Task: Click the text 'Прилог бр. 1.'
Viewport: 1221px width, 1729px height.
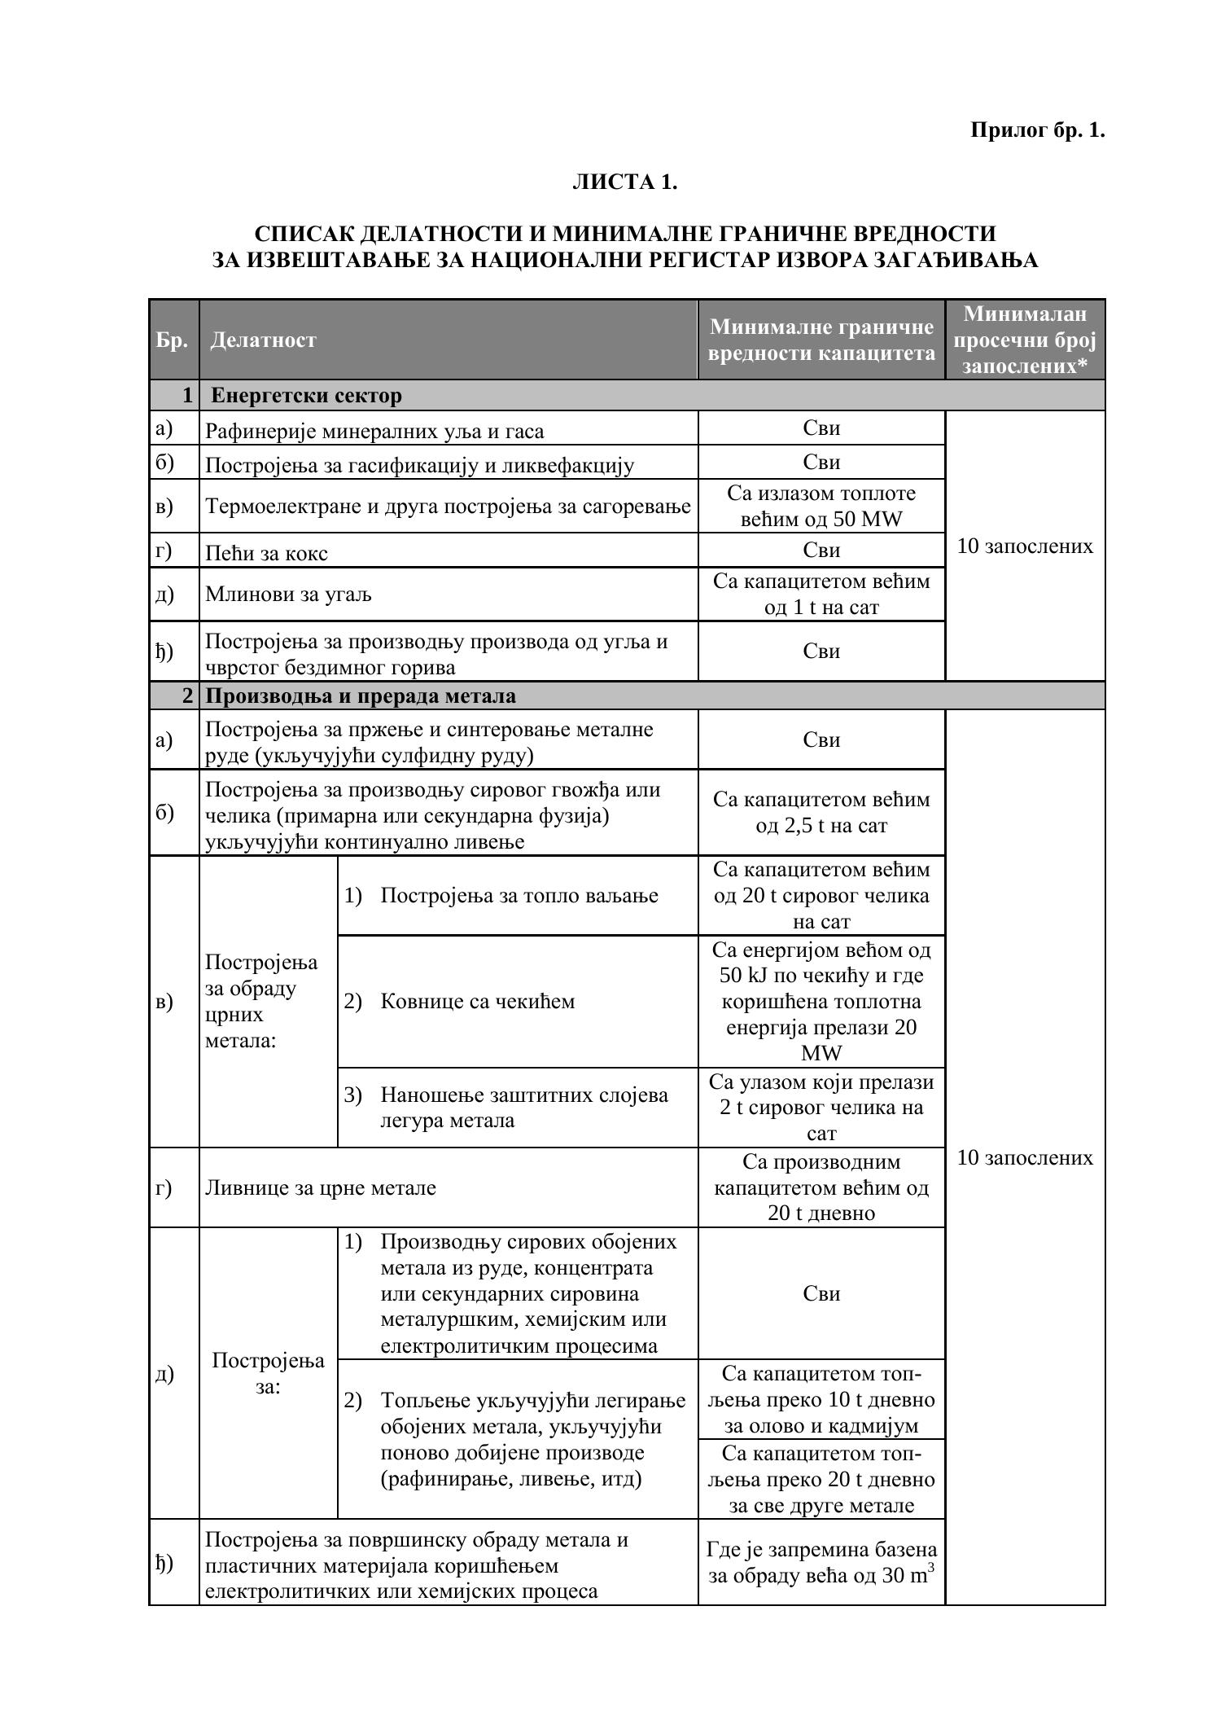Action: [1037, 130]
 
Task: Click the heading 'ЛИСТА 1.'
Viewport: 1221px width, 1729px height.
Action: [624, 182]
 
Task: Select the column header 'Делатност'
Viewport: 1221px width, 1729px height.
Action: [263, 340]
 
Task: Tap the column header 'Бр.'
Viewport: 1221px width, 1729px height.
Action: [173, 340]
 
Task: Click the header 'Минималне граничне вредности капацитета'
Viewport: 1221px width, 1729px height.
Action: [821, 340]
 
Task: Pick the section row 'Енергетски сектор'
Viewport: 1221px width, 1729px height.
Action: [306, 396]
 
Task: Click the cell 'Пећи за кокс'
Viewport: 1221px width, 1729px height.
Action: [267, 553]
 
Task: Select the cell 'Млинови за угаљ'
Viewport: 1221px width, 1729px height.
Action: [288, 595]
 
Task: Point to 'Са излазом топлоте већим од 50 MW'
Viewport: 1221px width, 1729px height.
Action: [821, 506]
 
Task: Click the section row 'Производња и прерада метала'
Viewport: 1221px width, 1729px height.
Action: [361, 696]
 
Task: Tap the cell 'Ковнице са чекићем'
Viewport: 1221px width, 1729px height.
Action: [477, 1001]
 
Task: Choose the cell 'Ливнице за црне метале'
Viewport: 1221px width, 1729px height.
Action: [321, 1187]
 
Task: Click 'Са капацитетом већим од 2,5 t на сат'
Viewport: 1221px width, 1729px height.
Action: [821, 812]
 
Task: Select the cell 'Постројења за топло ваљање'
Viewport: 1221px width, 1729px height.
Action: [519, 896]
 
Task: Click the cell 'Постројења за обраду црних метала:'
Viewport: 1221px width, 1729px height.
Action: [261, 1001]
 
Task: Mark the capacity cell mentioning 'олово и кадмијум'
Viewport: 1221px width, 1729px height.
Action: [821, 1399]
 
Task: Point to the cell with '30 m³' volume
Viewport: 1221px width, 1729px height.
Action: [821, 1562]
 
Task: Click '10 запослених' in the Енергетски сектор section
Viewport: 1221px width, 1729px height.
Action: [1025, 546]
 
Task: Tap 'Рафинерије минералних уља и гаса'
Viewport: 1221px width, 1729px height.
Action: [374, 431]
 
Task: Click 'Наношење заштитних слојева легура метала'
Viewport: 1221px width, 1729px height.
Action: [524, 1107]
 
